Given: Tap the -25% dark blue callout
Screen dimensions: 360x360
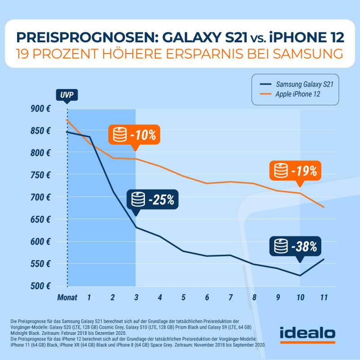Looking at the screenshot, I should click(x=153, y=199).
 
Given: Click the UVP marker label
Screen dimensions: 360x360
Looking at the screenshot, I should click(x=67, y=95).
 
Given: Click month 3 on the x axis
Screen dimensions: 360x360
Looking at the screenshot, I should click(x=136, y=297).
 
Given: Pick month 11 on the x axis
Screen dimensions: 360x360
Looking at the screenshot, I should click(x=324, y=297).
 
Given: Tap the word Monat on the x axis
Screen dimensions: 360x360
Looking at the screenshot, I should click(x=67, y=297).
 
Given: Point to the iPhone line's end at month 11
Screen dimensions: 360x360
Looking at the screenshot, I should click(x=324, y=207).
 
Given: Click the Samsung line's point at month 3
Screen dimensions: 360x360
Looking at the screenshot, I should click(x=136, y=227).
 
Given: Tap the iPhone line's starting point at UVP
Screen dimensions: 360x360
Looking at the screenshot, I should click(x=67, y=120).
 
